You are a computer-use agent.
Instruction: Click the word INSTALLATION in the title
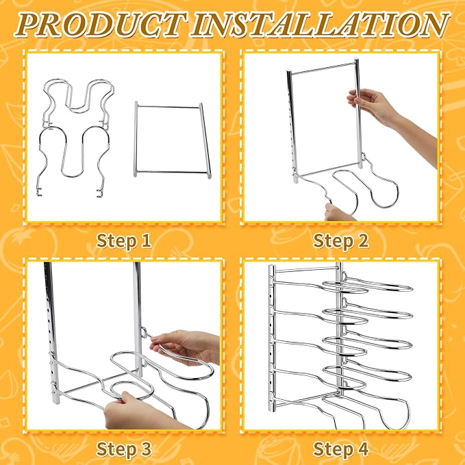tap(320, 25)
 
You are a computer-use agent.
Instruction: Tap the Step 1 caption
tap(124, 240)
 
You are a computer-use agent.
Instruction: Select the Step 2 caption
tap(341, 240)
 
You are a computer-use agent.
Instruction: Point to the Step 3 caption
tap(124, 449)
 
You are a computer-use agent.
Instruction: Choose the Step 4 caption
tap(341, 449)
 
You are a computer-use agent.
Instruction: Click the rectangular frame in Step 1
tap(136, 140)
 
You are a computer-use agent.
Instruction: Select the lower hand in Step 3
tap(142, 412)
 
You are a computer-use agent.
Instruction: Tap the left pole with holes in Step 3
tap(53, 332)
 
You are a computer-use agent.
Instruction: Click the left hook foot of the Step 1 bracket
tap(39, 191)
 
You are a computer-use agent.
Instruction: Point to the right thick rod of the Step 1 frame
tap(205, 140)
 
